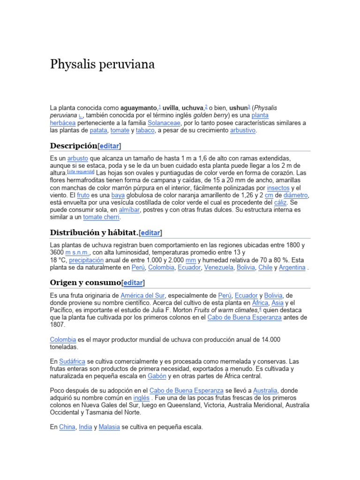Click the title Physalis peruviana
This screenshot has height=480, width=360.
[x=102, y=64]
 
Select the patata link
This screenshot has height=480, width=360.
[x=98, y=130]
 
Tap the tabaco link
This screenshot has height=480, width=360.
[x=145, y=130]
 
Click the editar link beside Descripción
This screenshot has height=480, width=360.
[x=109, y=145]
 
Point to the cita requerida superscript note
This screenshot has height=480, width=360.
[x=81, y=172]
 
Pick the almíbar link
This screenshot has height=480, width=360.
[x=129, y=210]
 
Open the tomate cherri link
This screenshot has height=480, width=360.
[x=102, y=217]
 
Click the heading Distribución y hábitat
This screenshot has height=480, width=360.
[x=94, y=232]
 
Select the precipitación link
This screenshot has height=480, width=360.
[x=87, y=260]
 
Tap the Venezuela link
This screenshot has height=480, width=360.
[x=219, y=268]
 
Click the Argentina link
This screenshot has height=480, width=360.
[x=292, y=268]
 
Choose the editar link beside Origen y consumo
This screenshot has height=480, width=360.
[x=133, y=283]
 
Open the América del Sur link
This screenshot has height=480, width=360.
[x=143, y=296]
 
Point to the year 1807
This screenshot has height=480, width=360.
[x=58, y=325]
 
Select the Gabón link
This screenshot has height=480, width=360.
[x=157, y=376]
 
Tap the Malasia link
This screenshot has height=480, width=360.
[x=109, y=427]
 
